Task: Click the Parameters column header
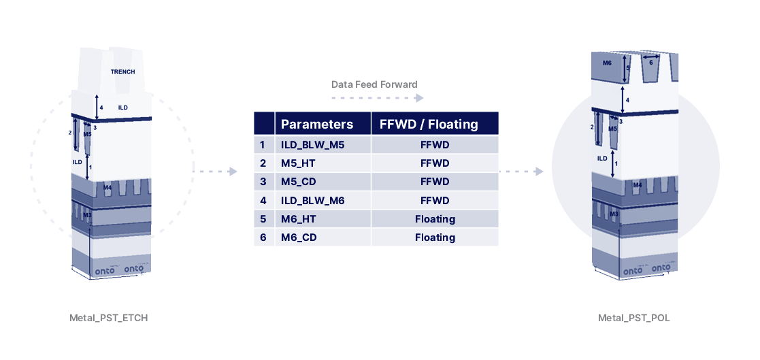[x=317, y=124]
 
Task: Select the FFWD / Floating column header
[x=435, y=124]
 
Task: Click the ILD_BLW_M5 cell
[x=312, y=145]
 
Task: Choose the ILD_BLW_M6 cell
[x=312, y=200]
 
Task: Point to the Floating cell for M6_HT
[x=435, y=218]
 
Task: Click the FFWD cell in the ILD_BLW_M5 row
[x=435, y=145]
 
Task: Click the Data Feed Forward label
[x=374, y=84]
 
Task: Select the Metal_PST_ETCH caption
[x=109, y=318]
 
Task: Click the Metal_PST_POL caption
[x=634, y=318]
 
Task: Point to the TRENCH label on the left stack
[x=122, y=71]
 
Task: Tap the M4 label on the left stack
[x=108, y=187]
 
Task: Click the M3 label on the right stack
[x=614, y=214]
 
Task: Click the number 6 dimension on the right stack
[x=651, y=62]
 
